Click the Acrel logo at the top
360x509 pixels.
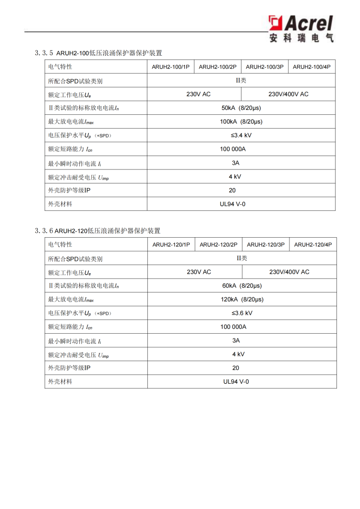tap(301, 28)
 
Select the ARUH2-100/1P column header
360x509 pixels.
tap(170, 67)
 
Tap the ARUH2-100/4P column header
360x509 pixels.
tap(312, 67)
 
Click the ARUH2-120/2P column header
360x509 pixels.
tap(218, 244)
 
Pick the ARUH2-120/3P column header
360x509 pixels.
tap(265, 244)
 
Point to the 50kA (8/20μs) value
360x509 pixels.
tap(241, 108)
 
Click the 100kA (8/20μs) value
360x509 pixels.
tap(241, 121)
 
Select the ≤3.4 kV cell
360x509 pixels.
tap(241, 135)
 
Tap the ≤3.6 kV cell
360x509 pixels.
tap(242, 313)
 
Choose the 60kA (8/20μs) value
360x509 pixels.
tap(242, 286)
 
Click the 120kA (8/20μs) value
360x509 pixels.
tap(242, 299)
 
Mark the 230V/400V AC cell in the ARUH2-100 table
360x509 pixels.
tap(288, 94)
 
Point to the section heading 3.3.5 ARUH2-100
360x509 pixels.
tap(98, 53)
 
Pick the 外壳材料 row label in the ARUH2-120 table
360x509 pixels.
tap(60, 382)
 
